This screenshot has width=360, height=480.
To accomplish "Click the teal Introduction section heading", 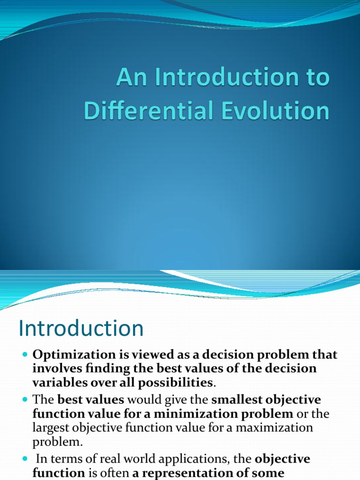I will (81, 328).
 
